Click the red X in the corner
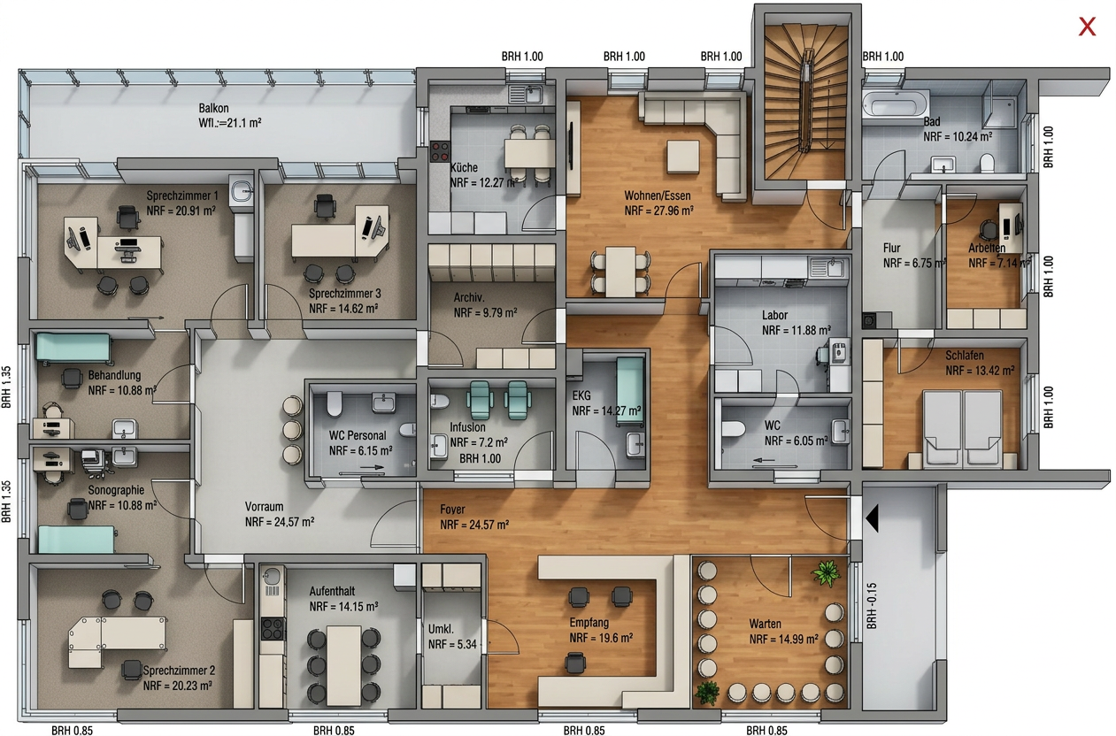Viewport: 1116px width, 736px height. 1087,27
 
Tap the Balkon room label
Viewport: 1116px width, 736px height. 214,108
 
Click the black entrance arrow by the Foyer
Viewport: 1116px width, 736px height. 872,517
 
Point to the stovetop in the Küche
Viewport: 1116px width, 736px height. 440,151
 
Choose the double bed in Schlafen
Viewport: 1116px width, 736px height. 962,430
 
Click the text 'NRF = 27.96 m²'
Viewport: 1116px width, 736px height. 658,211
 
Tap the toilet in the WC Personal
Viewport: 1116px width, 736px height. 335,403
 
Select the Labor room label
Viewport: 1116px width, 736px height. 774,315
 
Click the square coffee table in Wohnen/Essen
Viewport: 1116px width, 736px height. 683,157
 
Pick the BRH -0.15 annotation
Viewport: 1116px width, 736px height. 872,606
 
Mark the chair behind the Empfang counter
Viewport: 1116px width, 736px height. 575,663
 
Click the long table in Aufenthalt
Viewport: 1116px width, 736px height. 343,665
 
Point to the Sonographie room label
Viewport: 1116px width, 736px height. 116,490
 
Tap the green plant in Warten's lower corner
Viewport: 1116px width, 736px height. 707,692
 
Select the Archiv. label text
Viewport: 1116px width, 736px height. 469,298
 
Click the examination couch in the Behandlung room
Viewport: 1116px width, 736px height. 73,348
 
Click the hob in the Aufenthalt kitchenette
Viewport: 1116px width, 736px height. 273,628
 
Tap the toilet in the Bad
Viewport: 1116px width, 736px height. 986,163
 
